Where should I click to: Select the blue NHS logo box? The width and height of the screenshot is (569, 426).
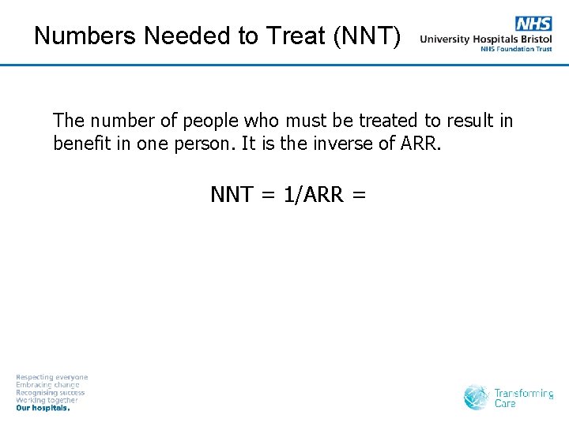533,24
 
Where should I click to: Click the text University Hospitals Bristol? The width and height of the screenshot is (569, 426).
486,39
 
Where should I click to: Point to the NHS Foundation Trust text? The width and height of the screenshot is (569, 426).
516,49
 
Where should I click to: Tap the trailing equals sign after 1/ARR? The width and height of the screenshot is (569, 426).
359,194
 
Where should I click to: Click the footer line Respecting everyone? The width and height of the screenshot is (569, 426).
52,378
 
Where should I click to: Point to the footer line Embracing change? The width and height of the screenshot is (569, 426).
47,385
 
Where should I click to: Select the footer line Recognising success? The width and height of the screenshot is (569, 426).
50,393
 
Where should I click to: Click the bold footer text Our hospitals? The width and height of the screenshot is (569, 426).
43,409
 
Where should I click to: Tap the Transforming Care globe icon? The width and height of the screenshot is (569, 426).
477,397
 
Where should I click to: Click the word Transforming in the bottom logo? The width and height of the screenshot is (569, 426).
523,393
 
